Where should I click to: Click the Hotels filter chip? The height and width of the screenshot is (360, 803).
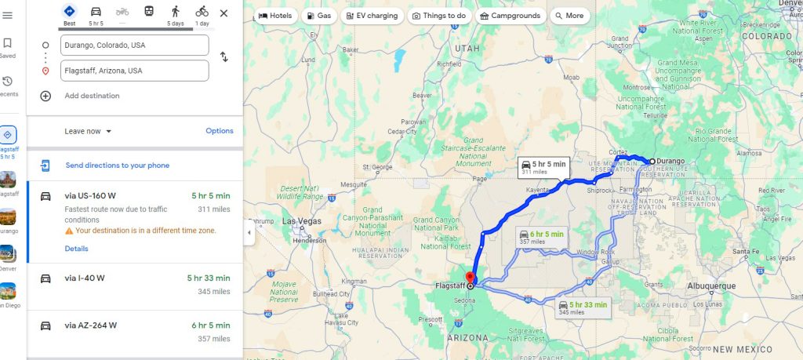pos(275,16)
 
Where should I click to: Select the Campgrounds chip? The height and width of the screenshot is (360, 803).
pos(509,16)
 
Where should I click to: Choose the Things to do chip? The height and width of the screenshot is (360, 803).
pos(439,16)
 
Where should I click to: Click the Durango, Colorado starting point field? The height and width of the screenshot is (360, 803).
pos(134,45)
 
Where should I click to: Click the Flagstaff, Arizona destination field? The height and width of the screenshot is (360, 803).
pos(134,71)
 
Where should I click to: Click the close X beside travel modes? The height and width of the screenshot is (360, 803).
pos(223,13)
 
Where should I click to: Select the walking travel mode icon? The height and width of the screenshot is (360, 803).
pos(175,11)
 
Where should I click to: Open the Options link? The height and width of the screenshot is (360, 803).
pos(220,131)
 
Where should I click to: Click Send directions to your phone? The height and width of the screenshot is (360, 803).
pos(117,165)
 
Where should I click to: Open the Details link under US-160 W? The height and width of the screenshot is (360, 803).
pos(76,249)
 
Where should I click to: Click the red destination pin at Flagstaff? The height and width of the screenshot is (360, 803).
pos(471,278)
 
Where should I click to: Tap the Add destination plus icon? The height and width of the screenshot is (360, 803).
pos(45,96)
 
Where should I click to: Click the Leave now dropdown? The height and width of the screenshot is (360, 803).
pos(88,131)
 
